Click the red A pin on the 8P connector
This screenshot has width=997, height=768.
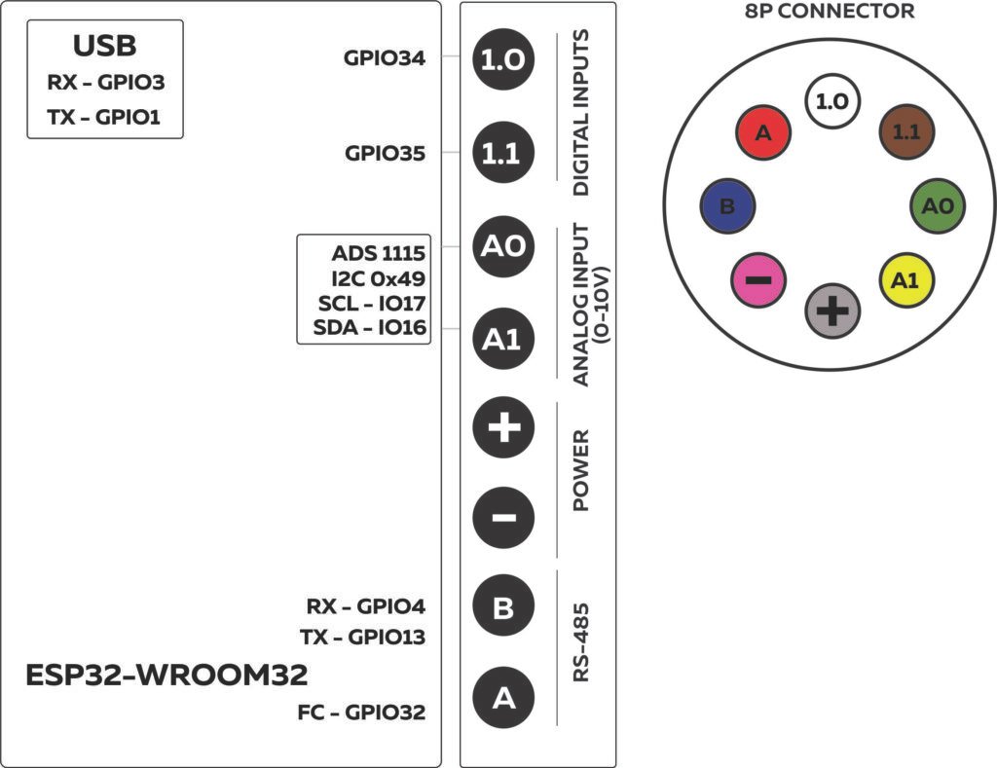(x=762, y=132)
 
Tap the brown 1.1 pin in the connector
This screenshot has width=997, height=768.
(x=906, y=132)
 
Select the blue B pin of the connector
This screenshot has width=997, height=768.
(x=726, y=207)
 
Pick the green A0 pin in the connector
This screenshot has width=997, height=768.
(x=937, y=207)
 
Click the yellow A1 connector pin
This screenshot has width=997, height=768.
(x=905, y=280)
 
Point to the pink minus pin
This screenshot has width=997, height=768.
(x=758, y=280)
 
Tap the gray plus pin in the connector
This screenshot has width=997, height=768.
(x=832, y=311)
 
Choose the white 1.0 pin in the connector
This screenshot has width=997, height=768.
(x=831, y=99)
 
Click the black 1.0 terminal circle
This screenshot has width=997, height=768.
(x=502, y=60)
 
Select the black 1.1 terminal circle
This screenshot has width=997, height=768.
(x=502, y=153)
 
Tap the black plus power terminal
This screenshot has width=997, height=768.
(x=502, y=427)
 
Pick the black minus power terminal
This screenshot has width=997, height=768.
(x=502, y=517)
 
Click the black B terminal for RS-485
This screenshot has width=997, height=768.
(x=502, y=608)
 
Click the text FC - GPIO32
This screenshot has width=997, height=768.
(x=361, y=713)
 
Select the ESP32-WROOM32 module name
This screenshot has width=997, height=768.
(x=166, y=675)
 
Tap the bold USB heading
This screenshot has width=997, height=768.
(x=104, y=46)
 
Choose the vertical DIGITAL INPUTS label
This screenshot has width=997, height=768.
(x=581, y=113)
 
